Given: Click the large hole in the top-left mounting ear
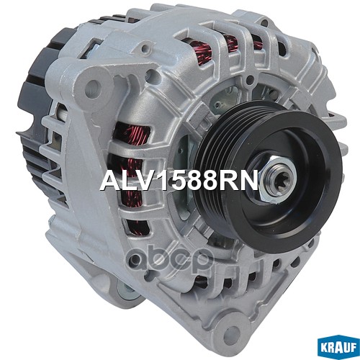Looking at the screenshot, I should click(91, 89).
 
